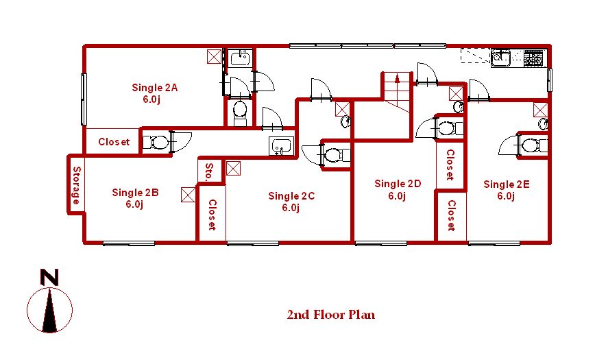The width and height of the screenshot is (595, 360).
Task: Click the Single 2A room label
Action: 154,93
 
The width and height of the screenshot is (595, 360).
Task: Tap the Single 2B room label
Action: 135,198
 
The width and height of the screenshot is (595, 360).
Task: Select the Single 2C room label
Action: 291,202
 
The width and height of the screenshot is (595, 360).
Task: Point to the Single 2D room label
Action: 398,189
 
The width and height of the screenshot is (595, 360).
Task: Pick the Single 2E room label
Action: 506,190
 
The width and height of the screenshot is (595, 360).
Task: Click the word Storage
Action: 76,185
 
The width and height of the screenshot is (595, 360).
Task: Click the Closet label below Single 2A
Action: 114,142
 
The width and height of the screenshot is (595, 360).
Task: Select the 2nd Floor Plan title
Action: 331,315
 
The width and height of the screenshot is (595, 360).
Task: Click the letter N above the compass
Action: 50,278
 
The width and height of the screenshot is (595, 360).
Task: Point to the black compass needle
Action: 50,311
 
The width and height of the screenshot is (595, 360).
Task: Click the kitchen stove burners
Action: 533,58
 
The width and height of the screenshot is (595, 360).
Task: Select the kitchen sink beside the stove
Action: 501,58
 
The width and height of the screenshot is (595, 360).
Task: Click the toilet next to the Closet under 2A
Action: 156,143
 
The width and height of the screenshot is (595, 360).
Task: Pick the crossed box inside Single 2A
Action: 214,57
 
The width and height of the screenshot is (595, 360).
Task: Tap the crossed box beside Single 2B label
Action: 188,195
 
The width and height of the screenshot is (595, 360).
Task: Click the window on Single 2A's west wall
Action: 84,99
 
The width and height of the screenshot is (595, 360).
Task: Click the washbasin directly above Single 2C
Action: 282,146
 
